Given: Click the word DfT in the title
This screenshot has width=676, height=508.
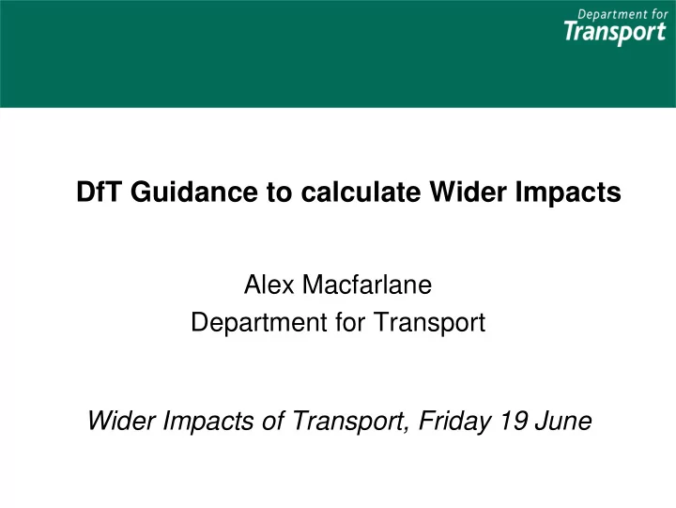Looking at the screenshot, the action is coord(100,192).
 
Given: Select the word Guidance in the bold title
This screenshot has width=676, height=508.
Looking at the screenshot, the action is coord(194,192).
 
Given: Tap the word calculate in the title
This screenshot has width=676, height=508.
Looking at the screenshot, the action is coord(361,192).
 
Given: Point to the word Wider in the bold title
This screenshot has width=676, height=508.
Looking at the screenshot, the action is coord(468,192).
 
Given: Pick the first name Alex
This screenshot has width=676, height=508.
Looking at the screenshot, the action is coord(269,285).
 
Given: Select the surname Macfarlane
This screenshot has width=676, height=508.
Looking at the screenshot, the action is coord(367,285).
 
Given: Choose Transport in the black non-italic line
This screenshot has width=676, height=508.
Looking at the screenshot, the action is coord(429,323).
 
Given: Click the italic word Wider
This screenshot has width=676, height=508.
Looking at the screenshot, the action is coord(121,421).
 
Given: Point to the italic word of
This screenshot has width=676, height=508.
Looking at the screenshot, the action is coord(273,421).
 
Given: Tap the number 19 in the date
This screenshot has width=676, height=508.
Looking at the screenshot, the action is coord(513,421).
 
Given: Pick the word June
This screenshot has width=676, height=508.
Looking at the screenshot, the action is coord(563,421).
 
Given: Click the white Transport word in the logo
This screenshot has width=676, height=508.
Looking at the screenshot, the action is coord(615,33).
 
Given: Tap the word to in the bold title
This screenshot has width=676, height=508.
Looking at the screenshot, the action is coord(280,192).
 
